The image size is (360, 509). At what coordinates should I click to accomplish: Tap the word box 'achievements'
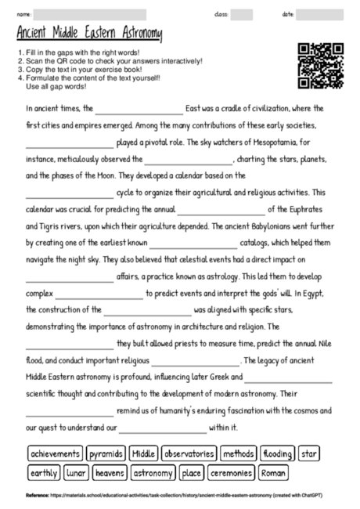[55, 453]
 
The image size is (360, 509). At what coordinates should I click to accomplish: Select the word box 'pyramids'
[106, 453]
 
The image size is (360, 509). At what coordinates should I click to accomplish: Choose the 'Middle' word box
[144, 453]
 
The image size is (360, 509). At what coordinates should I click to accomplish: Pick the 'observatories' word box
[189, 453]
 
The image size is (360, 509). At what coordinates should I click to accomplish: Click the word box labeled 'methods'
[238, 453]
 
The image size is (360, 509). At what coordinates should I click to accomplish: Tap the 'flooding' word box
[277, 453]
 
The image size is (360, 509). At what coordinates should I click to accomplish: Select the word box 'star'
[309, 453]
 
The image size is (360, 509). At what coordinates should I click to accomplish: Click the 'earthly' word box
[44, 473]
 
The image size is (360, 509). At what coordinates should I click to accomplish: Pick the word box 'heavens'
[110, 473]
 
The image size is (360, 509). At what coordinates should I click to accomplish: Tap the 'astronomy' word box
[153, 473]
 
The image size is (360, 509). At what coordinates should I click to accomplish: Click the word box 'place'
[191, 473]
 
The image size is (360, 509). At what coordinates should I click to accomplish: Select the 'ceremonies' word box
[231, 473]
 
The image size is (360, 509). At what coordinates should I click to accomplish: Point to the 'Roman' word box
[273, 473]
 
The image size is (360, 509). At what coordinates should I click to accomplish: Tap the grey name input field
[90, 14]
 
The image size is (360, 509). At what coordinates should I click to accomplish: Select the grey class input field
[241, 14]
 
